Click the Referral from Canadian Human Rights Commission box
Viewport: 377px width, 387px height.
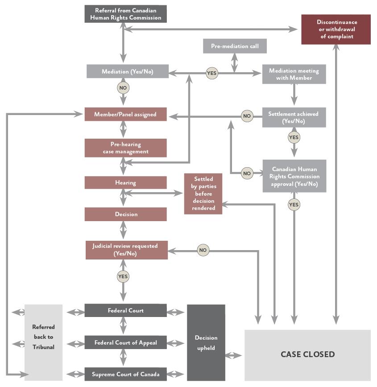(x=125, y=14)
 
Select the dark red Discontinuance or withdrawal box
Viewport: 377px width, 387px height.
(x=336, y=29)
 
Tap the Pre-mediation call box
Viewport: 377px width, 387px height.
(x=235, y=46)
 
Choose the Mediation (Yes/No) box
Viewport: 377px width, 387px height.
(x=127, y=72)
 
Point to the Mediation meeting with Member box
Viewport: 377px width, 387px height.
(x=294, y=74)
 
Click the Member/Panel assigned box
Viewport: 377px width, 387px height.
(x=125, y=115)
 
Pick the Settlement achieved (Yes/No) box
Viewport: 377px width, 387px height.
(x=294, y=117)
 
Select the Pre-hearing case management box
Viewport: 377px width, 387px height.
(x=125, y=148)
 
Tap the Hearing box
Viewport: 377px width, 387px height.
(x=125, y=183)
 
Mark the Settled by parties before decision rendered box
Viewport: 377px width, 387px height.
(x=203, y=193)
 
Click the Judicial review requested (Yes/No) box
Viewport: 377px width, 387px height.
(x=126, y=250)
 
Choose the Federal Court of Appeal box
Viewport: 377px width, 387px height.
(x=125, y=343)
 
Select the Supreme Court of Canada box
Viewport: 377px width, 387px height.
(x=125, y=374)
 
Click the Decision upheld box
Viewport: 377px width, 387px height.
(x=206, y=342)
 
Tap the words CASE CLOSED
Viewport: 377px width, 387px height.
(x=307, y=354)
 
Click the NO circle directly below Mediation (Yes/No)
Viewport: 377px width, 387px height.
(x=123, y=88)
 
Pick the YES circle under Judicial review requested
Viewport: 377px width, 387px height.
(x=123, y=276)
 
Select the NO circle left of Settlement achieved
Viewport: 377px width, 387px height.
(x=247, y=116)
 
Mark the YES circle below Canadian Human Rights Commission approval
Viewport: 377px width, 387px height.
(x=294, y=205)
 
